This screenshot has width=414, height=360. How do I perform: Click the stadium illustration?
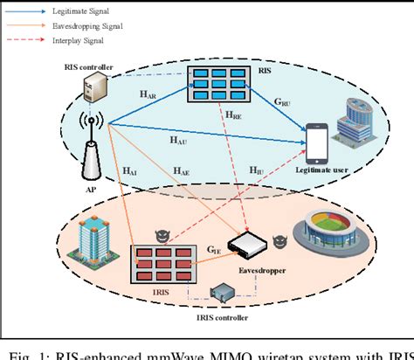coord(342,233)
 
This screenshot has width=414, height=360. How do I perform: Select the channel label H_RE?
coord(234,115)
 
